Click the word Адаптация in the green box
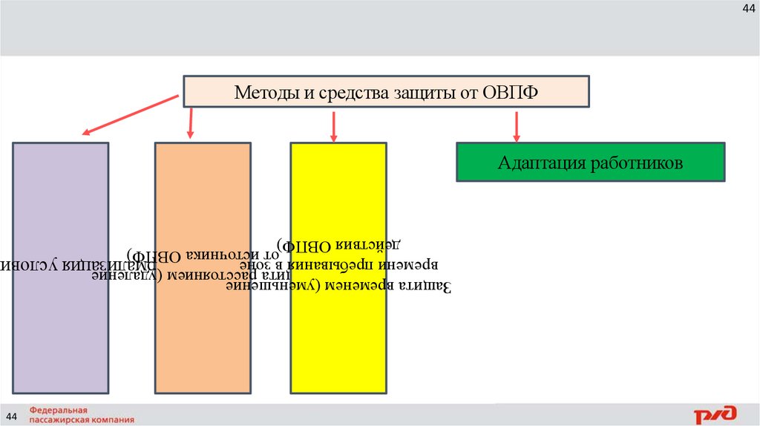[x=541, y=163]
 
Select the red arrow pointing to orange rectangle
[x=191, y=122]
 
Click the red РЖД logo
[x=715, y=414]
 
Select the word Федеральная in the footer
[x=59, y=410]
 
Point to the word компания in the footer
[x=118, y=419]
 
